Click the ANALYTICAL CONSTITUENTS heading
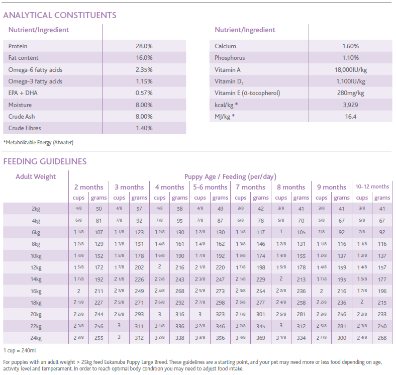pos(60,15)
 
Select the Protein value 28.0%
pos(144,46)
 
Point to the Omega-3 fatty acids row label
pos(35,81)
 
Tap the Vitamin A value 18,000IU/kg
pos(351,70)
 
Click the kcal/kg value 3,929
pos(350,105)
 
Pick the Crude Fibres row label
pos(25,128)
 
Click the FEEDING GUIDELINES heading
pos(45,161)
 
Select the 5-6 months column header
pos(210,187)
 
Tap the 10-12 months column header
pos(372,186)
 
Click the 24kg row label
pos(36,338)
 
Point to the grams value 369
pos(261,338)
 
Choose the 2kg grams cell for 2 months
pos(98,209)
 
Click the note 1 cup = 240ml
pos(20,351)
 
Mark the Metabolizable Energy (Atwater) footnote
pos(38,143)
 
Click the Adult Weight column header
pos(36,176)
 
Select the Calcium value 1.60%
pos(351,46)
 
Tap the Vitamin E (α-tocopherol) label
pos(247,93)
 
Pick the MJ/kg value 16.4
pos(351,117)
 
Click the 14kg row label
pos(36,279)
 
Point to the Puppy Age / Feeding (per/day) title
pos(230,176)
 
